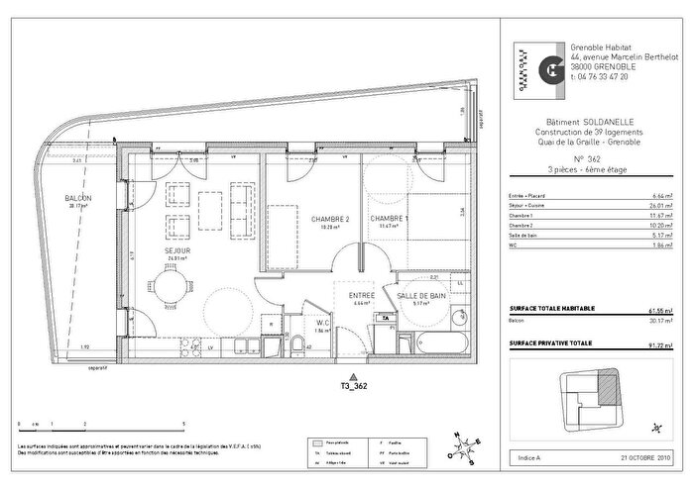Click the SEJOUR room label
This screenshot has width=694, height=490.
[176, 251]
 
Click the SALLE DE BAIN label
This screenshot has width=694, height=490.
[420, 297]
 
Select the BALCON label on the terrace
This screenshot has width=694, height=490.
[78, 199]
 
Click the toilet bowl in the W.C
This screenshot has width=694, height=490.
[296, 343]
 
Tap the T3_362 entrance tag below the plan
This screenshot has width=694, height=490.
[354, 387]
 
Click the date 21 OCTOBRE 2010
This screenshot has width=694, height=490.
[650, 458]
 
